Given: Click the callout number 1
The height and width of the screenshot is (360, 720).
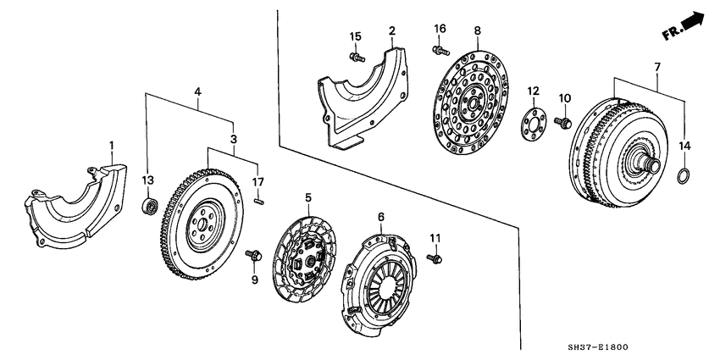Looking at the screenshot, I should [x=112, y=147].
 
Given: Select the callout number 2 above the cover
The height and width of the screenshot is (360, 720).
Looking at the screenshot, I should [x=392, y=31].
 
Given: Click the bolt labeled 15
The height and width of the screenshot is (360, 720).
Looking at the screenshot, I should [x=357, y=58].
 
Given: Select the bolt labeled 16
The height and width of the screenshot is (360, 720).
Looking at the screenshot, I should [x=437, y=51].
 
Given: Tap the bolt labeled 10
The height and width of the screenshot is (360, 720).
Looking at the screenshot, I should [x=561, y=124].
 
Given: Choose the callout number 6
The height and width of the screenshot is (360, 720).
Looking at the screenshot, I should [x=381, y=218].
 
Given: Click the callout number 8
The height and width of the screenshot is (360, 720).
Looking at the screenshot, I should [x=477, y=31].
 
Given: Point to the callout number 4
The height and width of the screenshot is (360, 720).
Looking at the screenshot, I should [x=197, y=91].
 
